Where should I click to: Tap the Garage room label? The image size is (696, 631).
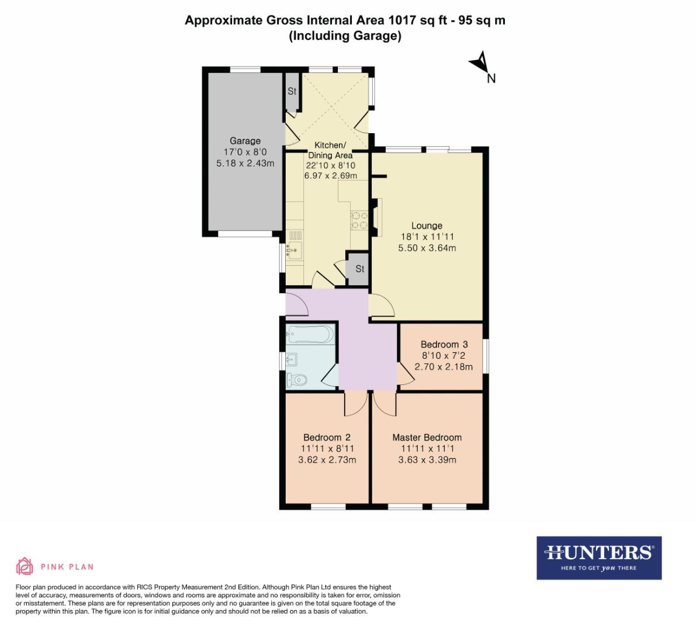click(245, 141)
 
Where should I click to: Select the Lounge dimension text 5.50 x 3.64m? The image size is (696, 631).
click(427, 248)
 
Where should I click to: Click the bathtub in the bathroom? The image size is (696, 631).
click(310, 335)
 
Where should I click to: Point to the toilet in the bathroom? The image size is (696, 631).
click(297, 380)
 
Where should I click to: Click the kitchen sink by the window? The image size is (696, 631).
click(294, 251)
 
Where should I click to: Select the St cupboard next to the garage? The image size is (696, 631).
click(292, 92)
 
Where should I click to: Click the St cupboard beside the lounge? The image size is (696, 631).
click(359, 269)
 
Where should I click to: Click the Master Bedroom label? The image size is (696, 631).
click(427, 437)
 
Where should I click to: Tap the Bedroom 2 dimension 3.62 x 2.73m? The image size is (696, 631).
click(327, 460)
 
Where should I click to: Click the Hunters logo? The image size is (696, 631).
click(598, 557)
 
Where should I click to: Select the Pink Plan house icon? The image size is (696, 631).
click(25, 566)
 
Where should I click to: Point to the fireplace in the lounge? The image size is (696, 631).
click(376, 217)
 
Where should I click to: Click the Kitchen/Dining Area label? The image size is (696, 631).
click(330, 150)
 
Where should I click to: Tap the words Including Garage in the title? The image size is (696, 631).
click(345, 36)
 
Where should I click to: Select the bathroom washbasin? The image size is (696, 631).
click(292, 359)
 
